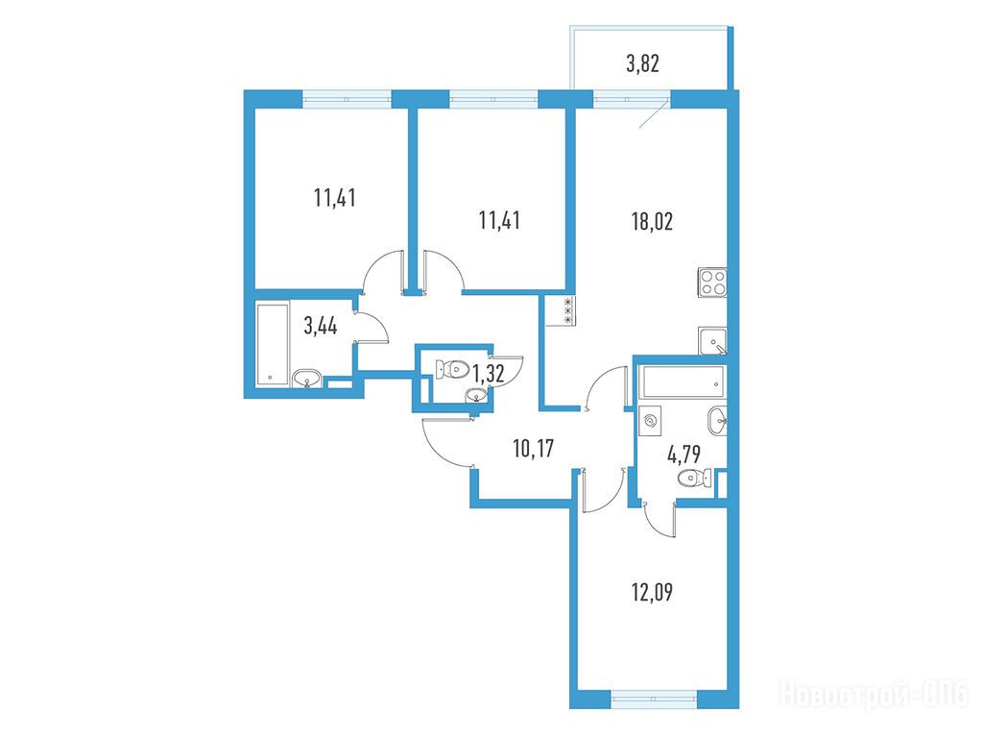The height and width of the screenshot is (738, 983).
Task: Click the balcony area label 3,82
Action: point(642,63)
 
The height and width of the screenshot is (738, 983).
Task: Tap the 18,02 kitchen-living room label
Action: point(652,222)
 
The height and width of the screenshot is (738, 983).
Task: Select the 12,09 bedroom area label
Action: point(652,592)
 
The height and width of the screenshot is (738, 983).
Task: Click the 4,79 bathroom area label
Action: point(683,454)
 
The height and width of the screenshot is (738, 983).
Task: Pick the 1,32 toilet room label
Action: point(488,375)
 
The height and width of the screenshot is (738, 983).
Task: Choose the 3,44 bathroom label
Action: point(321,326)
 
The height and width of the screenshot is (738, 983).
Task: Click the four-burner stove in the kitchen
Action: point(713,283)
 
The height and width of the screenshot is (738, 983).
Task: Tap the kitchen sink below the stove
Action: point(713,341)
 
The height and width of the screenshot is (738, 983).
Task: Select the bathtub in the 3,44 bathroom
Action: point(273,345)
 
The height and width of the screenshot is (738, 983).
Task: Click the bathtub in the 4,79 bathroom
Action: point(683,382)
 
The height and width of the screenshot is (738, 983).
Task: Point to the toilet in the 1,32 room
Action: point(452,368)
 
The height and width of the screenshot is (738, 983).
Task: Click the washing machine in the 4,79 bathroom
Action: point(651,421)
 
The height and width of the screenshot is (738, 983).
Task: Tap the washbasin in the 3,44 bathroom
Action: point(306,379)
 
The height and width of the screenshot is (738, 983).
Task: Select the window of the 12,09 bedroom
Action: point(653,699)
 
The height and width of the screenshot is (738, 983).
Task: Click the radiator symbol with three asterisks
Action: point(568,310)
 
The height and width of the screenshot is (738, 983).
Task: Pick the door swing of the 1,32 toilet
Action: point(508,370)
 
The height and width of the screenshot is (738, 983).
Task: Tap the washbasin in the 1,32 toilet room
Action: point(476,395)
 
